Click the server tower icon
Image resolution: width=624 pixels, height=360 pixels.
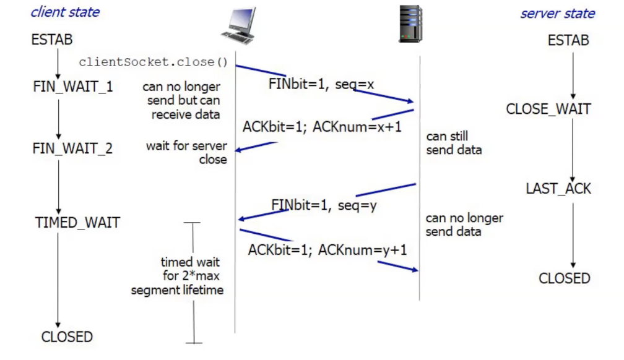[x=410, y=24]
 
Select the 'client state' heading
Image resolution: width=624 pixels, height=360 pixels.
[x=65, y=12]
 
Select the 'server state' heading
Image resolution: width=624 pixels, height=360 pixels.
[x=557, y=14]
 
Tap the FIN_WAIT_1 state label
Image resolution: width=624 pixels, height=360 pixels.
[x=73, y=87]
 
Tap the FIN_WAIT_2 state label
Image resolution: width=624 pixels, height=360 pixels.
[x=72, y=149]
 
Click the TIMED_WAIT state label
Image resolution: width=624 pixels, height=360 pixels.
[x=77, y=223]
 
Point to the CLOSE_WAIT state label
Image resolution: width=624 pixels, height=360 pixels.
[x=548, y=109]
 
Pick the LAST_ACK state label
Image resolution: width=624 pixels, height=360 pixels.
[x=558, y=189]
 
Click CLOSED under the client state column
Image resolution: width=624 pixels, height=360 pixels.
[x=67, y=337]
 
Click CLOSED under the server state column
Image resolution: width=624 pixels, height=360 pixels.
[x=564, y=278]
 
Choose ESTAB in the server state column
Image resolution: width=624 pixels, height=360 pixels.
[x=568, y=41]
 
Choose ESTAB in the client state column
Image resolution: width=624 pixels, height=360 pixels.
[x=52, y=40]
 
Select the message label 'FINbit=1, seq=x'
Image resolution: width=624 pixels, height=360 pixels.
[x=321, y=84]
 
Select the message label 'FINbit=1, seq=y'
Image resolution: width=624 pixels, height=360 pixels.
[x=324, y=205]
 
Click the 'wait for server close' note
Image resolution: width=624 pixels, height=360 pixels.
[x=186, y=153]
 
